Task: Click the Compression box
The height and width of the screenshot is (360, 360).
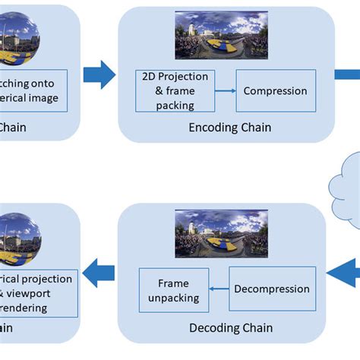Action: (275, 91)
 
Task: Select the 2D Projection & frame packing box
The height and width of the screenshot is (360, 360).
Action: (175, 91)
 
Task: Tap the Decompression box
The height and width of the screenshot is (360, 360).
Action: (271, 289)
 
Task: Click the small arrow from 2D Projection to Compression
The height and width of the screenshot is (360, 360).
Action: (226, 91)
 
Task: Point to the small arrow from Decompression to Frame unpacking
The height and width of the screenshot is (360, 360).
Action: (219, 289)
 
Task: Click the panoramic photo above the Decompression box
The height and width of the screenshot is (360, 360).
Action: (222, 233)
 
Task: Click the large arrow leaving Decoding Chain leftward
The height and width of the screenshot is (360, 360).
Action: (99, 273)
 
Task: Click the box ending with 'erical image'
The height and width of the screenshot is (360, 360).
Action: (34, 91)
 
